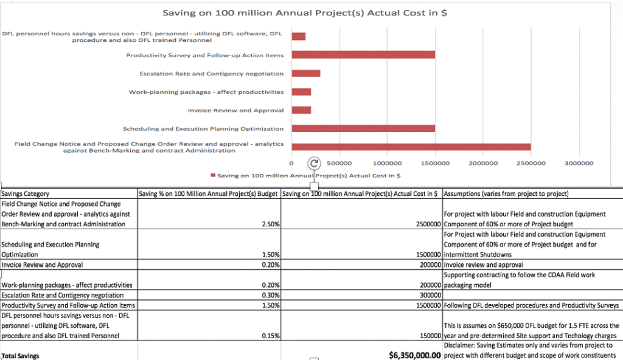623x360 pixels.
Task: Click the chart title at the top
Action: [305, 13]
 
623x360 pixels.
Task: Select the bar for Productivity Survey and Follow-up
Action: [363, 55]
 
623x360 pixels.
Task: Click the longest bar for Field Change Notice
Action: [411, 147]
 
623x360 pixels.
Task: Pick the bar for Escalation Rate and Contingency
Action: [306, 73]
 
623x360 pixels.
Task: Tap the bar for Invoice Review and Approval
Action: [301, 110]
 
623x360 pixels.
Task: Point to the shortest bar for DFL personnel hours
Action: [298, 36]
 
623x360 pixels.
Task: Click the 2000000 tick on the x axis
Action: [483, 163]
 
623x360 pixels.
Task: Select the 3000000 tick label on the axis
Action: [579, 163]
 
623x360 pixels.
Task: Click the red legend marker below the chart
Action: [213, 175]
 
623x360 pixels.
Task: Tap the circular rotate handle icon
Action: [314, 163]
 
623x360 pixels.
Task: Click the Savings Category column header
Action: [25, 194]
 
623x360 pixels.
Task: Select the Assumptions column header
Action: [506, 194]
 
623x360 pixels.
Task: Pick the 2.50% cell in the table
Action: [271, 224]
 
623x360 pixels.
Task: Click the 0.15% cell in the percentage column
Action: [271, 336]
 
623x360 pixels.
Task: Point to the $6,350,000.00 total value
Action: [415, 355]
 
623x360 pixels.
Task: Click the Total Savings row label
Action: [20, 356]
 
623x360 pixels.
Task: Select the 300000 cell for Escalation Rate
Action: [430, 295]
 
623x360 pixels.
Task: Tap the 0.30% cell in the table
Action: [271, 295]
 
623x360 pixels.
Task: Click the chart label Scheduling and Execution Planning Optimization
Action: [203, 129]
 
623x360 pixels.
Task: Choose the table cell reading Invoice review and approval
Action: [483, 265]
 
